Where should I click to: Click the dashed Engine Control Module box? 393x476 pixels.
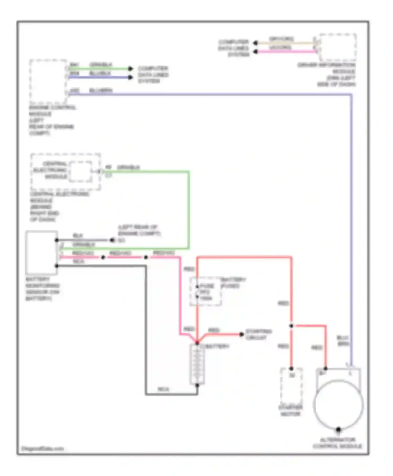point(48,81)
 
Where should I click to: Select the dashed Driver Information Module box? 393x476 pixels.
point(337,47)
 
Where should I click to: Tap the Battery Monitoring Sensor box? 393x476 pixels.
point(42,252)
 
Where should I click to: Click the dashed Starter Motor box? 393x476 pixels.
point(291,386)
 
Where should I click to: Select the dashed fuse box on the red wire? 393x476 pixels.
point(206,291)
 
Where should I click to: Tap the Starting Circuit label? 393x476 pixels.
point(258,334)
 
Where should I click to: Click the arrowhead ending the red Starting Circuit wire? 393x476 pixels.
point(242,334)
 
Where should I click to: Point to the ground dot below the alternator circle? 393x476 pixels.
point(338,430)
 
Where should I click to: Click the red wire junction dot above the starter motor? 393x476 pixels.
point(291,326)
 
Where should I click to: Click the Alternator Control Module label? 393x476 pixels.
point(337,443)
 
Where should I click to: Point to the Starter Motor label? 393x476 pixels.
point(290,411)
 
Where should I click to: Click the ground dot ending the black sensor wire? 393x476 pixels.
point(112,240)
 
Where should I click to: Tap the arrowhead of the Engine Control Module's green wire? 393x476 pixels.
point(130,69)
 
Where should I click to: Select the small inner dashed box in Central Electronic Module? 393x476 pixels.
point(81,171)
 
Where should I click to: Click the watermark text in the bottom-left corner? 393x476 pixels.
point(42,448)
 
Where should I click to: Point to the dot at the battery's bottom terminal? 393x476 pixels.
point(197,385)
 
